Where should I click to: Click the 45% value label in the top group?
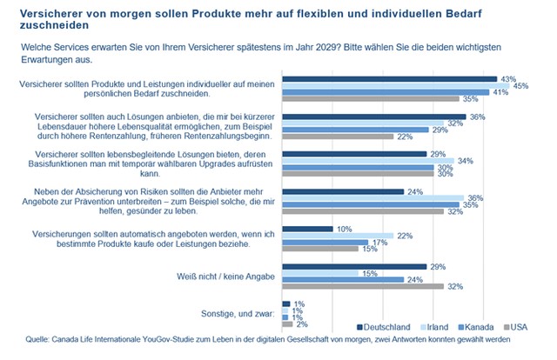click(523, 85)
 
